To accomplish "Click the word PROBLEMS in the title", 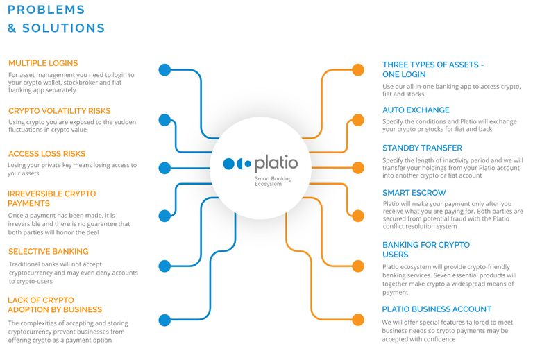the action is point(46,10).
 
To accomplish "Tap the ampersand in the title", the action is point(12,28).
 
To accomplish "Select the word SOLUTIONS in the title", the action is point(64,28).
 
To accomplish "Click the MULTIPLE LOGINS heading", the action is point(43,63).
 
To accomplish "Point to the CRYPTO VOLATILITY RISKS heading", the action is point(60,111).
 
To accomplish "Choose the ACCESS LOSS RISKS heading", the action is point(47,154).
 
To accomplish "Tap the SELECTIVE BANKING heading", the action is point(49,252).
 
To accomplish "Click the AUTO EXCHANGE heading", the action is point(416,110).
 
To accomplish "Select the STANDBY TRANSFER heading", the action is point(422,148).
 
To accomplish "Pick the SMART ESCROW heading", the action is point(414,193).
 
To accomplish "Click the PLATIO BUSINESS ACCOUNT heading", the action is point(437,309).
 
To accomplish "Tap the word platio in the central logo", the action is point(276,164).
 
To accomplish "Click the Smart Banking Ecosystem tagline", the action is point(273,181).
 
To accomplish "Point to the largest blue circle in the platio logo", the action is point(229,164).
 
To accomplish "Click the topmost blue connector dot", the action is point(165,70).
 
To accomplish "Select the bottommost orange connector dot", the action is point(358,320).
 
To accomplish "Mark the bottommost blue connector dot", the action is point(165,320).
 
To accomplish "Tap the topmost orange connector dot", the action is point(358,70).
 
